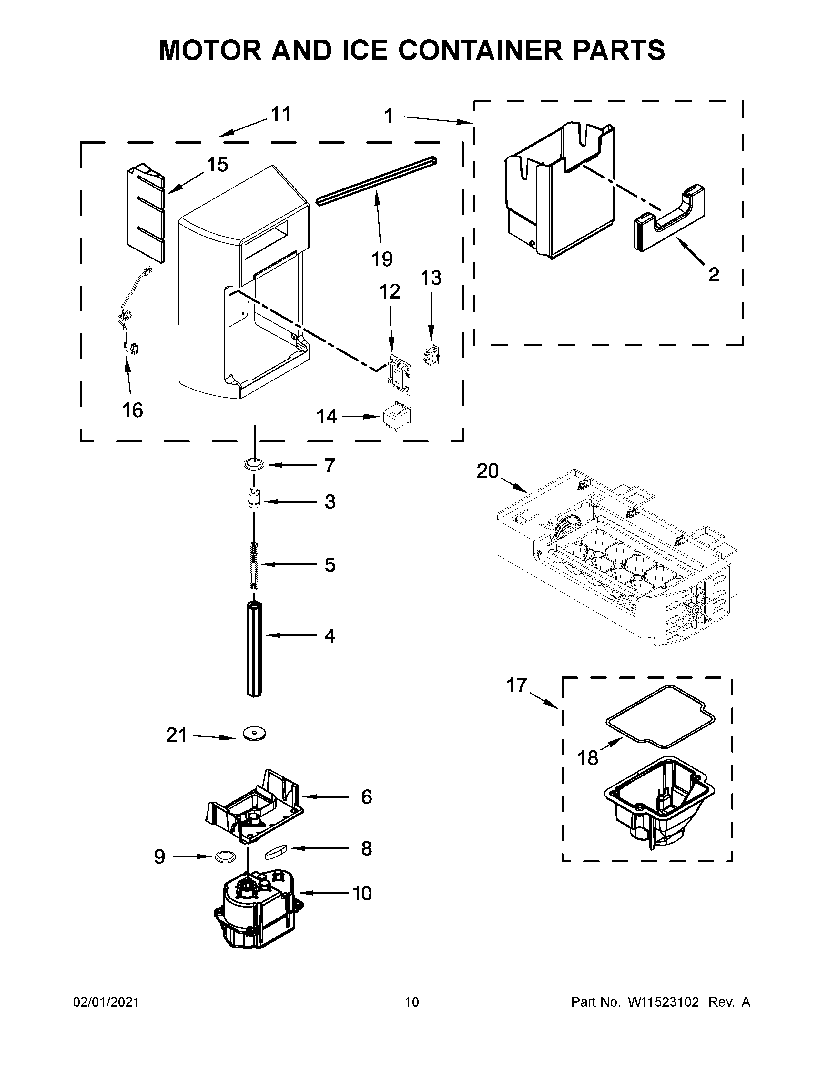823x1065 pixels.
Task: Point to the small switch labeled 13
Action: point(431,357)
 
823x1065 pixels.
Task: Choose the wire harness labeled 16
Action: point(129,317)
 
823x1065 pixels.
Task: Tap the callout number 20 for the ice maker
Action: point(488,472)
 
